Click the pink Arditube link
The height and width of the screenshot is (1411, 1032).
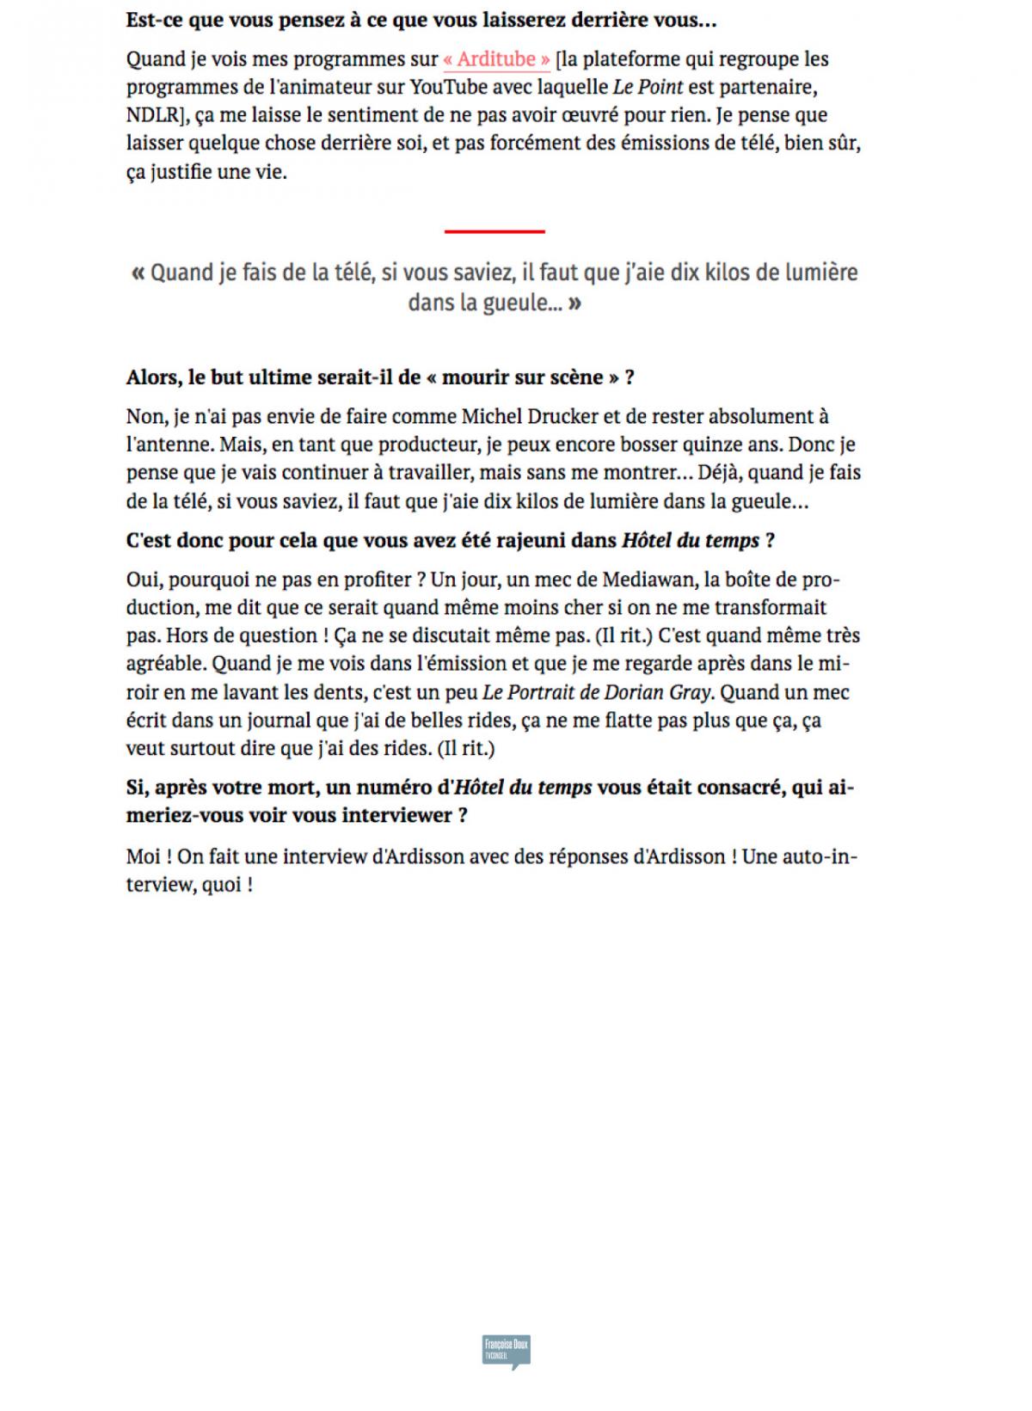pos(497,59)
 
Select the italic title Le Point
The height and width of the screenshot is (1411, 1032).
pos(648,87)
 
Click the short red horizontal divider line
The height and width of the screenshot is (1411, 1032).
pos(494,231)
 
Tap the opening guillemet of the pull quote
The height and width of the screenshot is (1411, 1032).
pos(138,273)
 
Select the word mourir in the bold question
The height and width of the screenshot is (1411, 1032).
pos(475,377)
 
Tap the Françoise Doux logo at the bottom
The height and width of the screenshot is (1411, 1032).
pos(507,1351)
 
